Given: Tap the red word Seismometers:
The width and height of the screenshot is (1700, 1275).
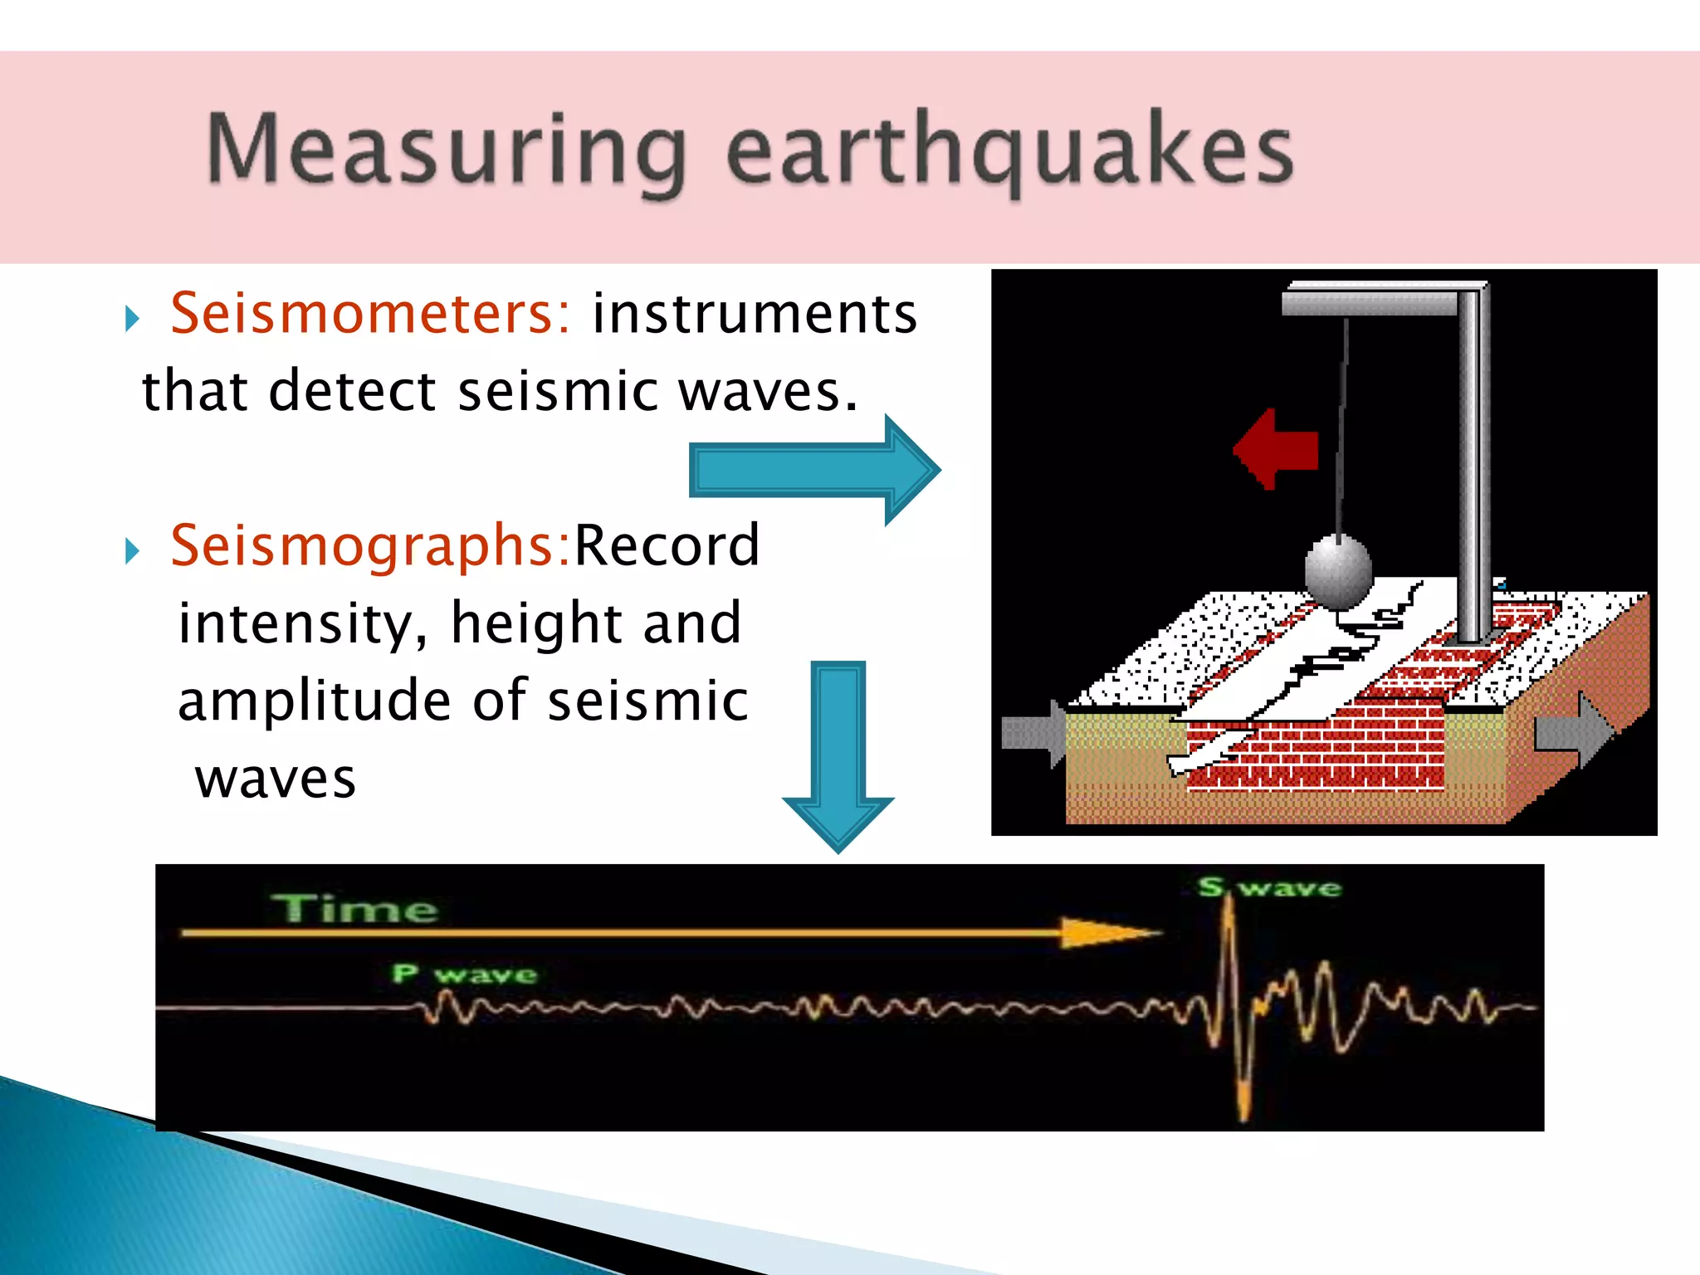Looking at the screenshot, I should tap(370, 314).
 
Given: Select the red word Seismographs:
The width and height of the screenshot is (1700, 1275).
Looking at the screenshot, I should tap(370, 545).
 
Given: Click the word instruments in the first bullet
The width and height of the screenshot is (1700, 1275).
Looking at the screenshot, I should tap(754, 314).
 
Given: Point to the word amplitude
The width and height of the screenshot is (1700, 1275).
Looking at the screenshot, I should tap(314, 700).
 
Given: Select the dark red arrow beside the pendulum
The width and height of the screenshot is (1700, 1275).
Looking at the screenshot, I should tap(1276, 449).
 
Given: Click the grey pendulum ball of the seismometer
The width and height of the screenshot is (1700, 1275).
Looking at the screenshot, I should tap(1337, 571).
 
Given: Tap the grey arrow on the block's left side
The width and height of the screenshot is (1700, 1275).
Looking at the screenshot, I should tap(1033, 734).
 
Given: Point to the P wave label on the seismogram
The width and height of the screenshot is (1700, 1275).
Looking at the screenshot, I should tap(465, 974).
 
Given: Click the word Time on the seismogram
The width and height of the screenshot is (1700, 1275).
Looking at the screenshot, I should tap(354, 909).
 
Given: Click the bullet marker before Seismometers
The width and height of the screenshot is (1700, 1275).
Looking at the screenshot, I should tap(132, 318).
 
